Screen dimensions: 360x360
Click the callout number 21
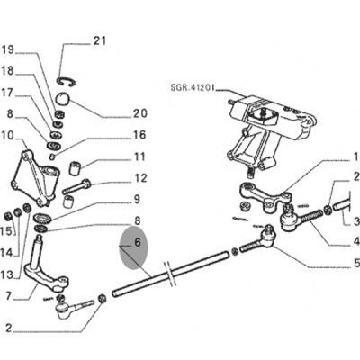[x=100, y=40]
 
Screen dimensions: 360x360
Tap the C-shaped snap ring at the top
[x=67, y=82]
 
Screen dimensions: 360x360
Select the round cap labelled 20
[x=63, y=99]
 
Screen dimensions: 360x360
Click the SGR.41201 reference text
[x=193, y=88]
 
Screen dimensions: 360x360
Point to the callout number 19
[x=8, y=49]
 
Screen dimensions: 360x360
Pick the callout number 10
[x=7, y=136]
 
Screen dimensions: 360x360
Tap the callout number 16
[x=139, y=135]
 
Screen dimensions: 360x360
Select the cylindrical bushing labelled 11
[x=75, y=167]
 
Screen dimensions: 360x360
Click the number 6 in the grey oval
[x=138, y=242]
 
